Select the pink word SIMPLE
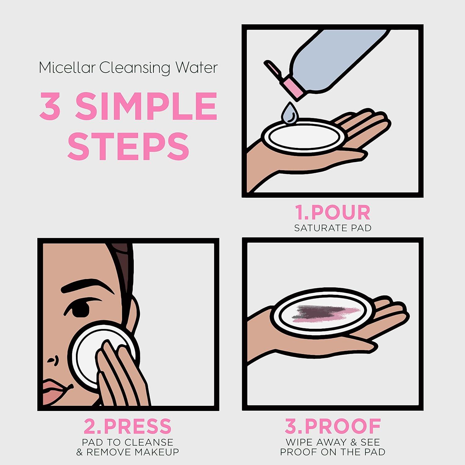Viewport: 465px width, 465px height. (x=146, y=106)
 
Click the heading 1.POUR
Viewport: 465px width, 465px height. (x=332, y=213)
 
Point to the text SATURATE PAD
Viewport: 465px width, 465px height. (x=333, y=228)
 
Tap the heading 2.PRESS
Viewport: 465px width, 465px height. (x=127, y=426)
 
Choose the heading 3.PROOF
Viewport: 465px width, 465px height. (x=333, y=426)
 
